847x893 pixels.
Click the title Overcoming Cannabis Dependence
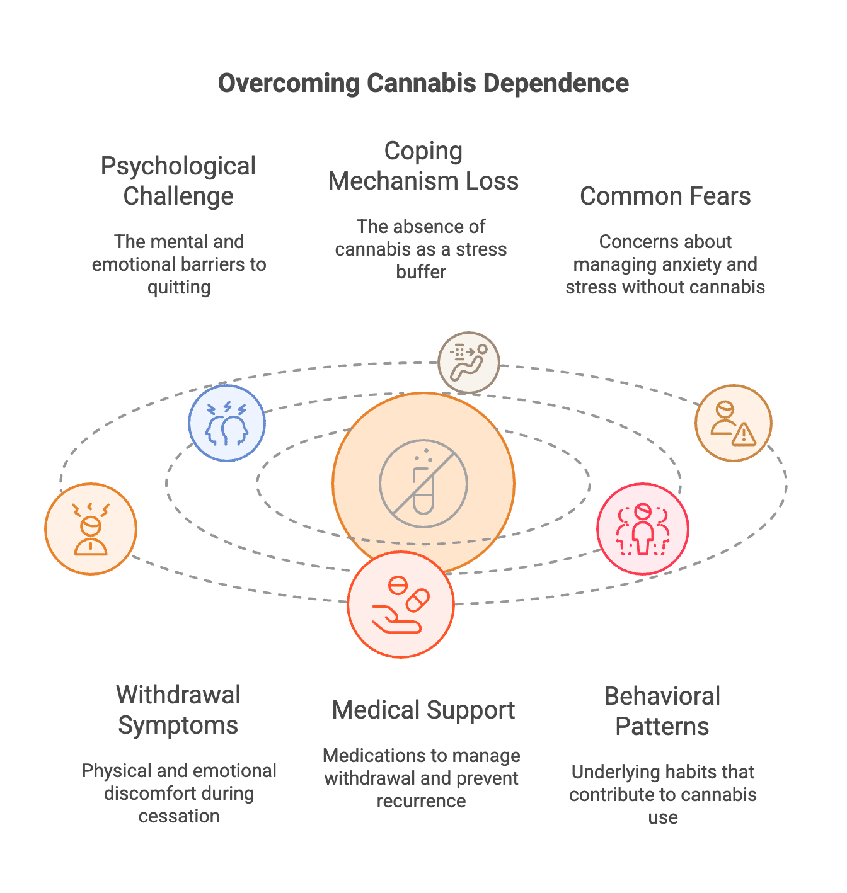click(423, 83)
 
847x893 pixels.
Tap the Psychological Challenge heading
click(178, 181)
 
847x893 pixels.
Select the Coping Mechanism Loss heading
click(423, 166)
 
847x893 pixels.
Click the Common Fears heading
click(665, 196)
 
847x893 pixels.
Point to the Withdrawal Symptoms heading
click(178, 710)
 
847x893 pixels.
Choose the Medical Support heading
click(423, 710)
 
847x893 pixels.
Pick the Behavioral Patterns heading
click(662, 712)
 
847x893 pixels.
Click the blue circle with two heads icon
click(227, 423)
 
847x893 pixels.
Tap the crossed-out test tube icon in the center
click(423, 484)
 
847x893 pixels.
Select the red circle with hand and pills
click(401, 605)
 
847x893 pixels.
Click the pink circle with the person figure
click(642, 529)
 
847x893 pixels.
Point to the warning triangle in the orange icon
click(744, 435)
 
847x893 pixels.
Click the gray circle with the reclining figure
click(469, 363)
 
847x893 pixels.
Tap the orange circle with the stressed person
click(91, 529)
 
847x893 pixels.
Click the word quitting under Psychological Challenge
click(179, 288)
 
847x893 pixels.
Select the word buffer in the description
click(421, 272)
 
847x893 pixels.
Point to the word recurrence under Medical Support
click(421, 801)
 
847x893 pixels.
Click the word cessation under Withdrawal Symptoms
click(179, 816)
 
